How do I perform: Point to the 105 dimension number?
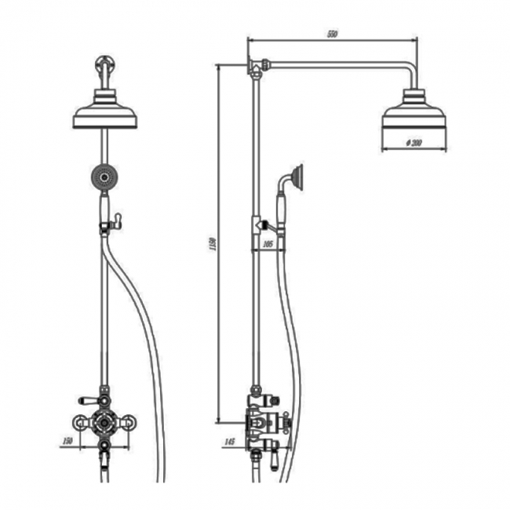pyautogui.click(x=268, y=245)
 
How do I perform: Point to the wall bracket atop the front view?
pyautogui.click(x=105, y=66)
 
